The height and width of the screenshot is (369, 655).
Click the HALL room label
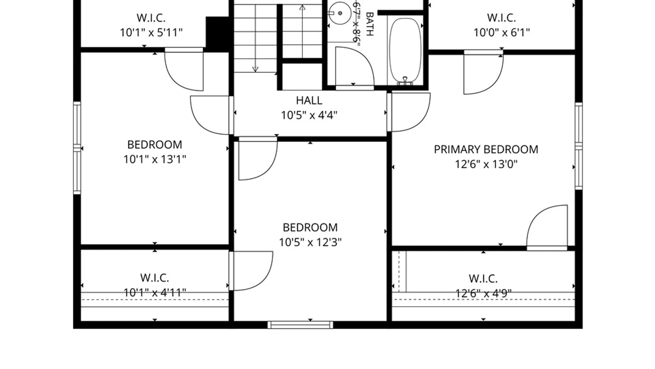[309, 100]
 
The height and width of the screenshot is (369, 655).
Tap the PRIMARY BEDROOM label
[486, 149]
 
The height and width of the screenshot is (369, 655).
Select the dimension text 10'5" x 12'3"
[310, 242]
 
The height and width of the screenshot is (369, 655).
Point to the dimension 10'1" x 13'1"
[155, 159]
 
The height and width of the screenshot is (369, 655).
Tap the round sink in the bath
[339, 13]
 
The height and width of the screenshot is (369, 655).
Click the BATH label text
[369, 24]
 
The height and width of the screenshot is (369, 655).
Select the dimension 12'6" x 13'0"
[486, 164]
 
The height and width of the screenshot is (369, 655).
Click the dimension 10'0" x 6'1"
[501, 32]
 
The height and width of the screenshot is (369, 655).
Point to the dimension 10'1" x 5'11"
[151, 32]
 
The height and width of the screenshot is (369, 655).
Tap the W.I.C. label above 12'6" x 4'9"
[483, 278]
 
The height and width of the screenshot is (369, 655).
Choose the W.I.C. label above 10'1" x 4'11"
[155, 277]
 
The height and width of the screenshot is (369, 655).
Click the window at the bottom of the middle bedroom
[300, 325]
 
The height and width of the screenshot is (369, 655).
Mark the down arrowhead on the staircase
[255, 69]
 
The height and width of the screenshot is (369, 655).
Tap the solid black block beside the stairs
[217, 34]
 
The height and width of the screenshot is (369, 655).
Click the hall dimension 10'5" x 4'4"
[309, 115]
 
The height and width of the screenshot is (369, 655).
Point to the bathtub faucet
[405, 81]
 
